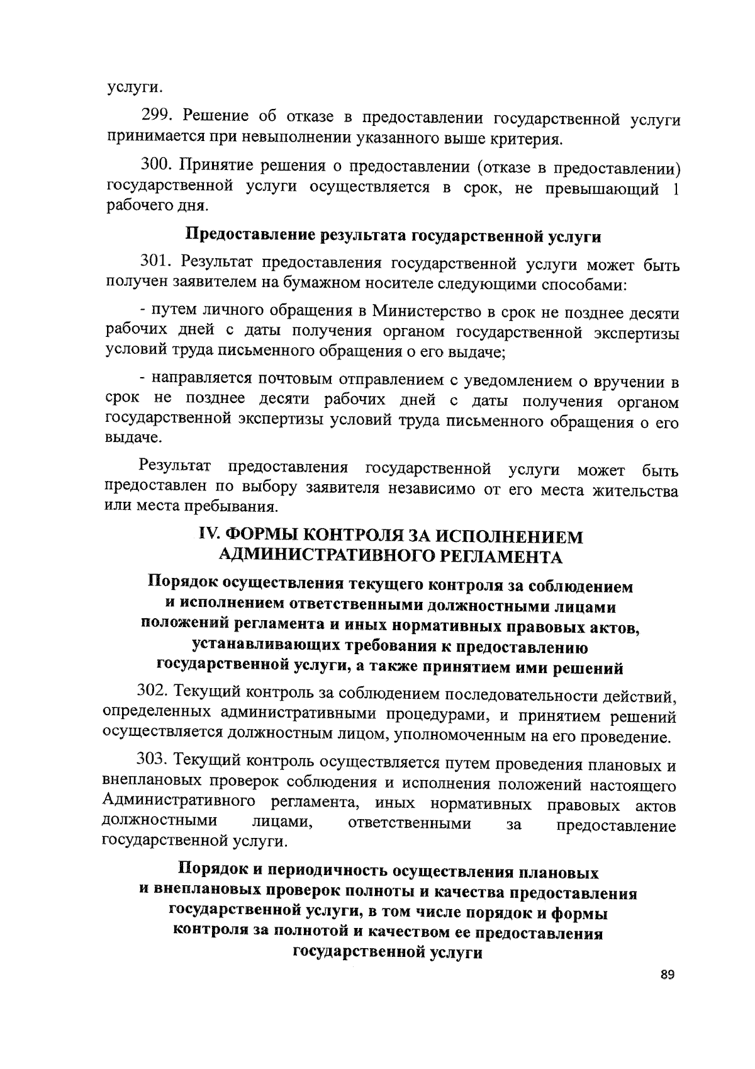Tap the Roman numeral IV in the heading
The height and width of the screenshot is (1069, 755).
[x=208, y=535]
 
